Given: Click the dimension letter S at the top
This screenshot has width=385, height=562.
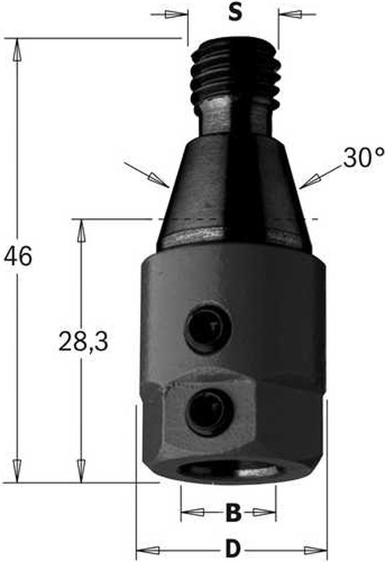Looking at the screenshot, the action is click(x=235, y=13).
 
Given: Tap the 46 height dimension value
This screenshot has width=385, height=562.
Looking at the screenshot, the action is click(x=17, y=257).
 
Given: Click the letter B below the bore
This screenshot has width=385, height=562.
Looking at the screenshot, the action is click(x=233, y=512).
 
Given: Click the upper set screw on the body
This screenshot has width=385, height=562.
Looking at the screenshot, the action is click(x=208, y=328).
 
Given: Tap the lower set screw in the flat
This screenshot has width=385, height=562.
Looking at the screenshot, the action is click(x=209, y=412).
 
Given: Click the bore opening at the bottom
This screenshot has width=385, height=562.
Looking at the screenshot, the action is click(x=229, y=473).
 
